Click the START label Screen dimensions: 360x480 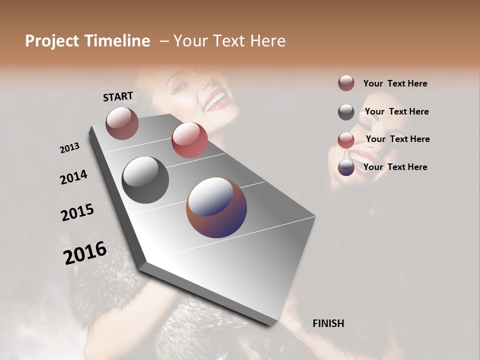point(118,96)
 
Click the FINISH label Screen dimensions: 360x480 point(328,323)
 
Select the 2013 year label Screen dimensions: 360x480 point(69,148)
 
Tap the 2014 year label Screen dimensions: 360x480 point(73,177)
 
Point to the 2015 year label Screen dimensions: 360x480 point(77,212)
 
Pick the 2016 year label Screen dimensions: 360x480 point(85,253)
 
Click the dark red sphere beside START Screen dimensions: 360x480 point(122,123)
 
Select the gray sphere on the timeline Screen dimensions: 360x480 point(145,180)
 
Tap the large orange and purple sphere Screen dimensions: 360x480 point(216,207)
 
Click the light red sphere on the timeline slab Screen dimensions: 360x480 point(189,140)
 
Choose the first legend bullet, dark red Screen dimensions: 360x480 point(346,83)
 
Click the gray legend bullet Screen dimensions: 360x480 point(346,112)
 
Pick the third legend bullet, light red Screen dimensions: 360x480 point(346,140)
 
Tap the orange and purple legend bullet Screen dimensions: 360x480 point(346,167)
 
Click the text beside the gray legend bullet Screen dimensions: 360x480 point(396,111)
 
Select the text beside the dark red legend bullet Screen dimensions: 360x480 point(395,83)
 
